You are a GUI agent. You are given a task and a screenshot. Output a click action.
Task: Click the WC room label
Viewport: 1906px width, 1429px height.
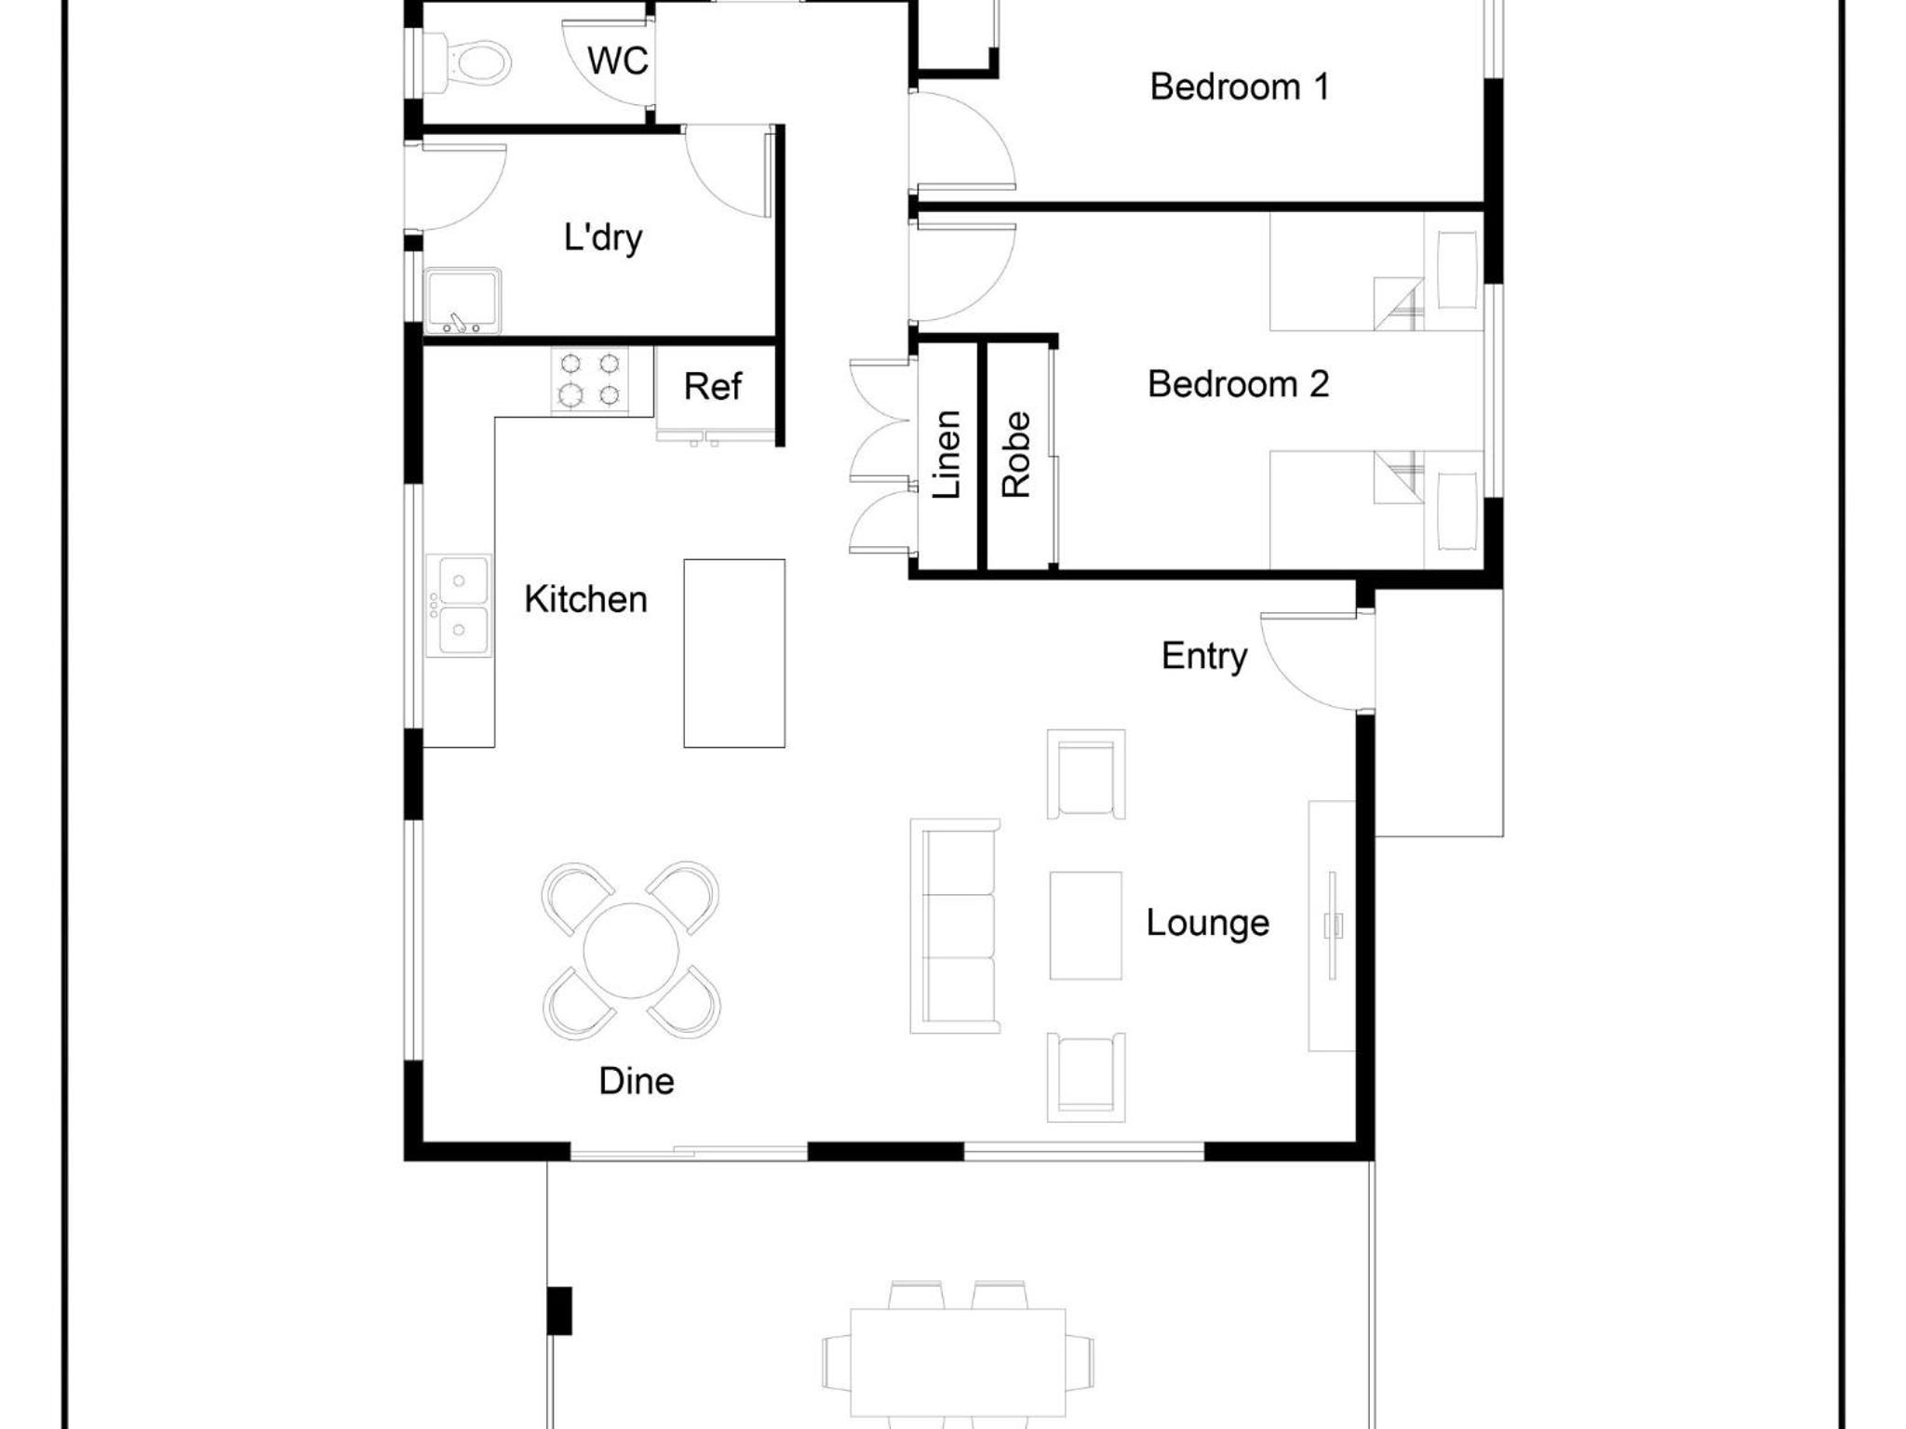tap(617, 61)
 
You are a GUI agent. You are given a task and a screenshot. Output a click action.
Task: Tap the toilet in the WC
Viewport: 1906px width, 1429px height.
tap(470, 62)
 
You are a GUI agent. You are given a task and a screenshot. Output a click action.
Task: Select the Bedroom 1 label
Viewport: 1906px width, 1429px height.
tap(1240, 87)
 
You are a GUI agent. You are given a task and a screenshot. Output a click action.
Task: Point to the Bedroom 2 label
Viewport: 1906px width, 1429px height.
tap(1238, 383)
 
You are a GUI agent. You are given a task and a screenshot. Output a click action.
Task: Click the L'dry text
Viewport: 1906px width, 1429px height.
tap(603, 237)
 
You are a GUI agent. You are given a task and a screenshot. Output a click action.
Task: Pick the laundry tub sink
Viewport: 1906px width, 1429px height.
tap(463, 300)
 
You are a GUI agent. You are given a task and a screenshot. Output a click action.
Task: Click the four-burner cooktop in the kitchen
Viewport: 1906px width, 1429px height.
tap(589, 381)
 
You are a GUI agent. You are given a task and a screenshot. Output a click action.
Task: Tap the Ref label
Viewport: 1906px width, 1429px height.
tap(712, 386)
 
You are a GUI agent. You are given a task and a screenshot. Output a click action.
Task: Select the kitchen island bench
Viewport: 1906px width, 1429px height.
tap(734, 653)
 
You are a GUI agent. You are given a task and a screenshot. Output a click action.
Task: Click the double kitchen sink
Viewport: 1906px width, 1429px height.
tap(459, 606)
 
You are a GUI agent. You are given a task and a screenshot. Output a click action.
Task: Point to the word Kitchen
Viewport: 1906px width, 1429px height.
tap(585, 599)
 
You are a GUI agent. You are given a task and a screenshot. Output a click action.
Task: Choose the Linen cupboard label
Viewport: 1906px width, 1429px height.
tap(946, 454)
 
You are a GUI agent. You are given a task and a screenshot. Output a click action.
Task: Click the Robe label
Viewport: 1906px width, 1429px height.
tap(1016, 454)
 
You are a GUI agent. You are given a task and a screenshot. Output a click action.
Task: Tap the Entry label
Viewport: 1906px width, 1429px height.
tap(1204, 657)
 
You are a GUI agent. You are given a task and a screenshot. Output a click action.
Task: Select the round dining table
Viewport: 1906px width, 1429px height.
tap(631, 951)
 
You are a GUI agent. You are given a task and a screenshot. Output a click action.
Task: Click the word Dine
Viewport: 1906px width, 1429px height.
tap(637, 1081)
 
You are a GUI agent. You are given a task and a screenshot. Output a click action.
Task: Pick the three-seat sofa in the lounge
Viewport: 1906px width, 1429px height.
tap(955, 926)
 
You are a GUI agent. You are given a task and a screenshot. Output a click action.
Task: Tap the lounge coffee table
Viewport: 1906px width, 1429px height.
tap(1085, 926)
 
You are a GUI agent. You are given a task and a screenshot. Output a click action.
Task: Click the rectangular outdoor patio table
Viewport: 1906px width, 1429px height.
tap(958, 1363)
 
